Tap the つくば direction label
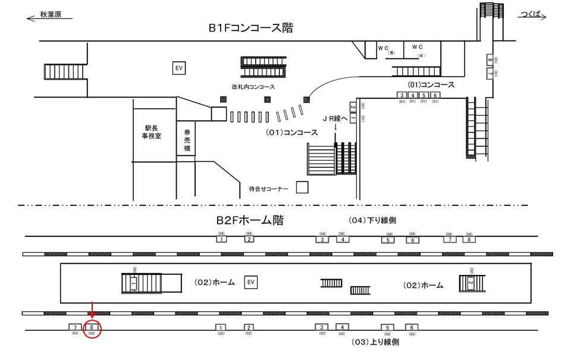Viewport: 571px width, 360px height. [x=529, y=15]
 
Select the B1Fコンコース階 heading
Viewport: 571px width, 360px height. [x=250, y=28]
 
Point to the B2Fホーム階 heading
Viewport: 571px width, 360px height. [x=250, y=221]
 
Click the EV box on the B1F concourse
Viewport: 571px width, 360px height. [x=178, y=68]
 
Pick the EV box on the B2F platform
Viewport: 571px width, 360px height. [x=251, y=281]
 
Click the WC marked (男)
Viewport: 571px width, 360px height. [x=384, y=48]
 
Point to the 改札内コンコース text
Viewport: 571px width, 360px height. [x=253, y=87]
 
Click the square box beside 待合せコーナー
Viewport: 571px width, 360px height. [x=302, y=188]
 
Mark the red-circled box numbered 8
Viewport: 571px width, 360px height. [x=92, y=327]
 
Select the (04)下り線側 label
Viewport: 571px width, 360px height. [x=372, y=220]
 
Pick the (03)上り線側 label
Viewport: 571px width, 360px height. [x=375, y=342]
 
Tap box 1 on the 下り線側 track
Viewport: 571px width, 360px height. [x=221, y=239]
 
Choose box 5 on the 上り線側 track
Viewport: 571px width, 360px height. [x=388, y=327]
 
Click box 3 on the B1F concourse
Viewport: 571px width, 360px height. [x=402, y=95]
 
